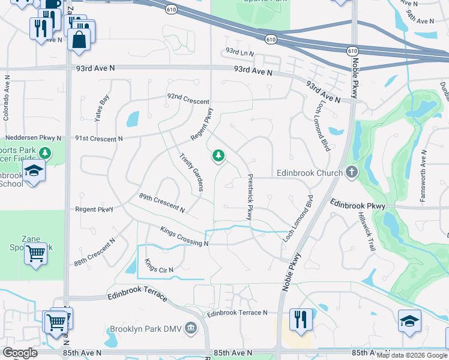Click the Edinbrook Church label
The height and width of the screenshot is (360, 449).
(309, 173)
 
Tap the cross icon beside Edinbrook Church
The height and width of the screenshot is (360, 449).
(352, 173)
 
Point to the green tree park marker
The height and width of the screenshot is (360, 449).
(218, 157)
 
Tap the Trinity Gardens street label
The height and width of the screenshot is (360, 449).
(191, 172)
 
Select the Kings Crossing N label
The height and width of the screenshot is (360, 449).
(184, 236)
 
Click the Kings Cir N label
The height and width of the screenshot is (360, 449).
(158, 265)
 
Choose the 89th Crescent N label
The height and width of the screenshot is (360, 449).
(161, 202)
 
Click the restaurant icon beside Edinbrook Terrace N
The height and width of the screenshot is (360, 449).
(300, 319)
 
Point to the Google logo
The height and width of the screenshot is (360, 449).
(20, 352)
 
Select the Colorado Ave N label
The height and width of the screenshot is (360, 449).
(7, 96)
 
